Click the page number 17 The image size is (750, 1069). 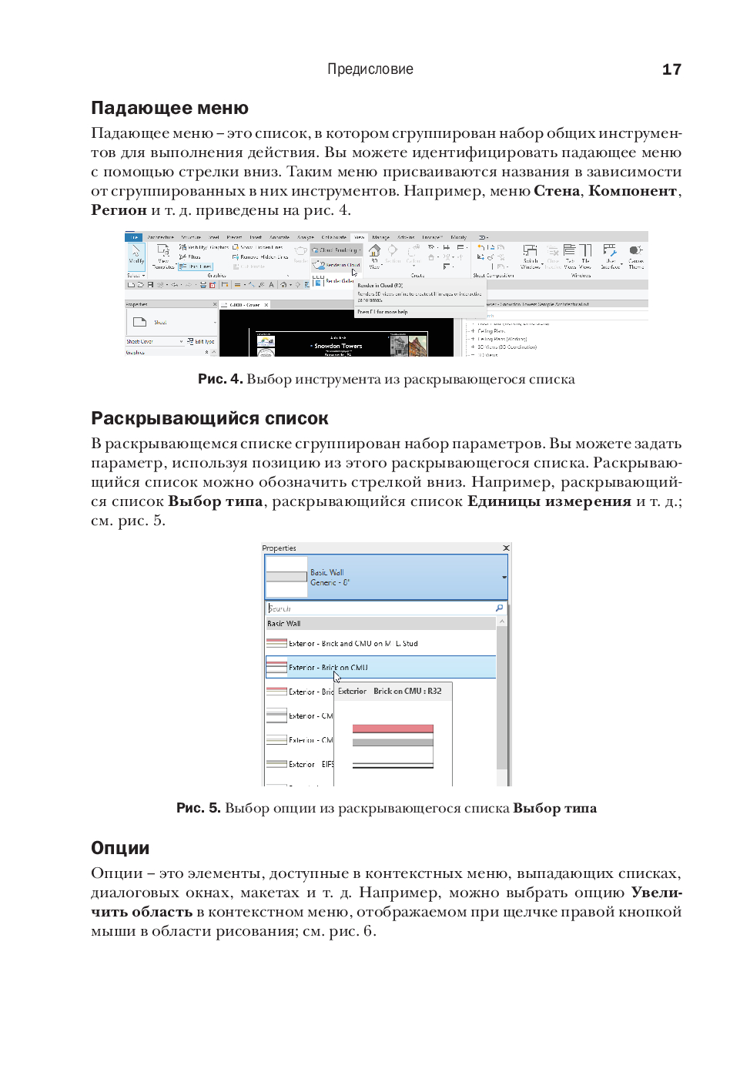pyautogui.click(x=671, y=69)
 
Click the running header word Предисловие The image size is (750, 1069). pyautogui.click(x=370, y=69)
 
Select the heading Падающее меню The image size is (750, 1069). pyautogui.click(x=169, y=108)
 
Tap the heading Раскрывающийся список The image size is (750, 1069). pyautogui.click(x=209, y=418)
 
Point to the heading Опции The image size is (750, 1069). pyautogui.click(x=120, y=848)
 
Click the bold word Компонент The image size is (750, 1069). pyautogui.click(x=632, y=191)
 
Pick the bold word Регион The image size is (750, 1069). pyautogui.click(x=119, y=210)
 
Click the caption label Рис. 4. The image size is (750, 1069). pyautogui.click(x=220, y=379)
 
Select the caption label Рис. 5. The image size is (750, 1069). pyautogui.click(x=199, y=808)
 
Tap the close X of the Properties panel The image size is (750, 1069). pyautogui.click(x=506, y=548)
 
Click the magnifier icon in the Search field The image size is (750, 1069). pyautogui.click(x=499, y=608)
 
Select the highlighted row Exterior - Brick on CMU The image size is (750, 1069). pyautogui.click(x=328, y=667)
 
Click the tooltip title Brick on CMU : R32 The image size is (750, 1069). pyautogui.click(x=407, y=691)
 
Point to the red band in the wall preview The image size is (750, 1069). pyautogui.click(x=393, y=729)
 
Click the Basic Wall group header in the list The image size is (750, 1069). pyautogui.click(x=284, y=624)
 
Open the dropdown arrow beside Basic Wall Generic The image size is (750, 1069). pyautogui.click(x=504, y=577)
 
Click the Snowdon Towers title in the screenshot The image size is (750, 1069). pyautogui.click(x=337, y=346)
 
